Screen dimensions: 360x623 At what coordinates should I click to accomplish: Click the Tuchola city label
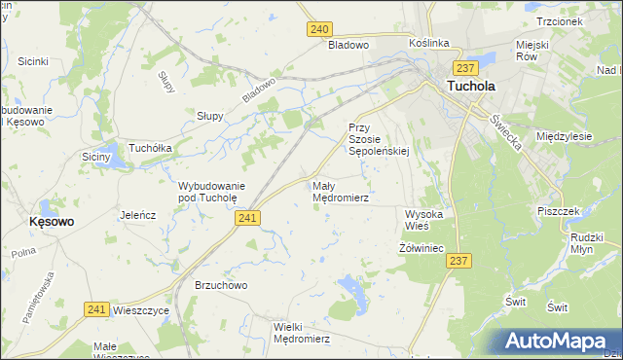(470, 86)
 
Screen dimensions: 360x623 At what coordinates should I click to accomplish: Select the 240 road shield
(320, 29)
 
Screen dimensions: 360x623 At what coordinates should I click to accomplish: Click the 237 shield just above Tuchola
(464, 67)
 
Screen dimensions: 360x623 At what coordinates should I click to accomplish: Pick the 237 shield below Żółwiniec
(460, 261)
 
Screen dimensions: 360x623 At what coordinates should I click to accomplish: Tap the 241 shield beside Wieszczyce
(95, 308)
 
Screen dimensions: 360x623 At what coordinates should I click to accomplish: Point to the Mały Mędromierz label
(340, 191)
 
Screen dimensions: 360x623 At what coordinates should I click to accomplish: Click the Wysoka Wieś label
(424, 219)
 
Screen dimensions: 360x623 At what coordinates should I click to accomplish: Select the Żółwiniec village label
(421, 248)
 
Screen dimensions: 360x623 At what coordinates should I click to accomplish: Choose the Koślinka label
(428, 43)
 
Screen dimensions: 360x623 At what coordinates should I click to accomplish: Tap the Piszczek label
(558, 210)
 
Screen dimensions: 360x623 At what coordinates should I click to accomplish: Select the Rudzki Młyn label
(588, 242)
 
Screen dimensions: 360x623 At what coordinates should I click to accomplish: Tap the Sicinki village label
(33, 61)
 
